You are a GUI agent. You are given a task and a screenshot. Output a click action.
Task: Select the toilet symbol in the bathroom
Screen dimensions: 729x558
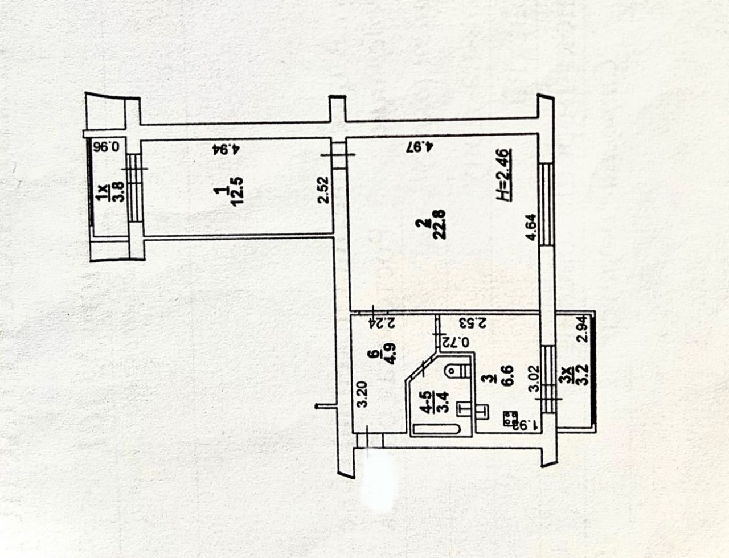click(456, 371)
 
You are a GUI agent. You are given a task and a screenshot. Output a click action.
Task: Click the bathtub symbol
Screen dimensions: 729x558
click(435, 429)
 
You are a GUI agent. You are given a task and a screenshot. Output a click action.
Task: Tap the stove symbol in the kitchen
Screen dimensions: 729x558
click(506, 419)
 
